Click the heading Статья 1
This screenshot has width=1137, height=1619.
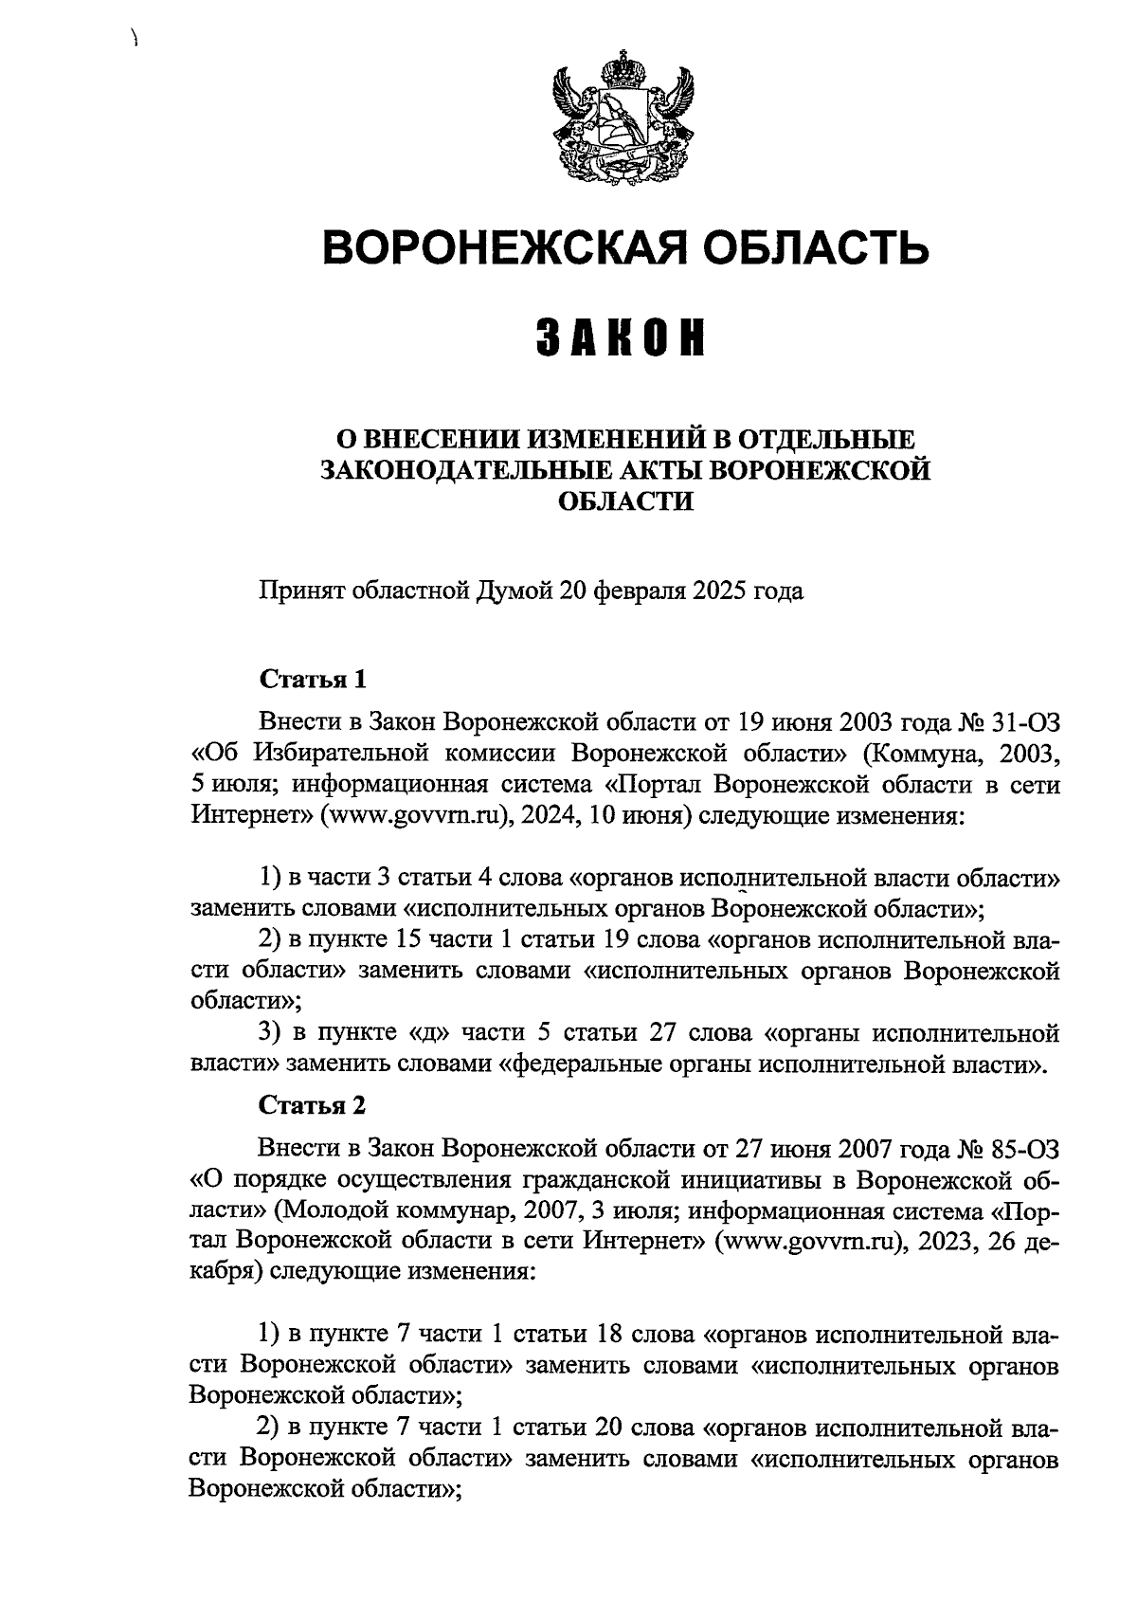tap(312, 680)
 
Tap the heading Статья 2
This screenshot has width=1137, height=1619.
tap(312, 1105)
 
